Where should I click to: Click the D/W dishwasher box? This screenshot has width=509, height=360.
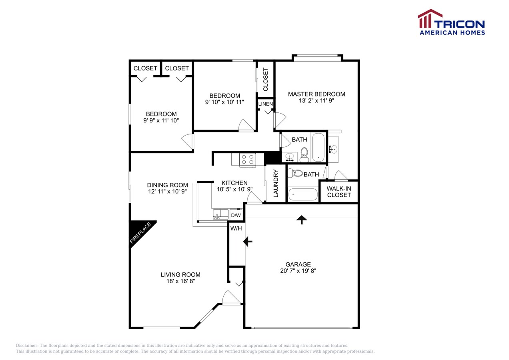pyautogui.click(x=236, y=215)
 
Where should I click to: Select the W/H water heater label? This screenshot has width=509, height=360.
pyautogui.click(x=236, y=229)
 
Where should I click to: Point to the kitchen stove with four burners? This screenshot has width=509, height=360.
pyautogui.click(x=247, y=160)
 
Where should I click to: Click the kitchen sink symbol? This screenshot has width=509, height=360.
pyautogui.click(x=220, y=214)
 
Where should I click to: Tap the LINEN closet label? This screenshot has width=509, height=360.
pyautogui.click(x=265, y=104)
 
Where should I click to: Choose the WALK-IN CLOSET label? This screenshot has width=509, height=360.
pyautogui.click(x=339, y=192)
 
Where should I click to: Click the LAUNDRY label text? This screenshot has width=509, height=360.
pyautogui.click(x=276, y=184)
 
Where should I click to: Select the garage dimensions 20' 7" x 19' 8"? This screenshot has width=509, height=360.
pyautogui.click(x=298, y=271)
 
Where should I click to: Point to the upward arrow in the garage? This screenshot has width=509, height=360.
pyautogui.click(x=301, y=219)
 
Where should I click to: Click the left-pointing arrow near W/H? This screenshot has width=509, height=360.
pyautogui.click(x=248, y=241)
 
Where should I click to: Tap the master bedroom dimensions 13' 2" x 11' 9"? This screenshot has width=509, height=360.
pyautogui.click(x=317, y=101)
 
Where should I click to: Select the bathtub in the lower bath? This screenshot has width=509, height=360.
pyautogui.click(x=303, y=194)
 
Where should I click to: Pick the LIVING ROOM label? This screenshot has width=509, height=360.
pyautogui.click(x=180, y=274)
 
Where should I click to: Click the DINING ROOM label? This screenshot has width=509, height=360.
pyautogui.click(x=168, y=185)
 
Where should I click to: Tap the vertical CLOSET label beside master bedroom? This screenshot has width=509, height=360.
pyautogui.click(x=266, y=79)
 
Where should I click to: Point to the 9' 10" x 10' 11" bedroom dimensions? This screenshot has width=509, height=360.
pyautogui.click(x=225, y=102)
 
